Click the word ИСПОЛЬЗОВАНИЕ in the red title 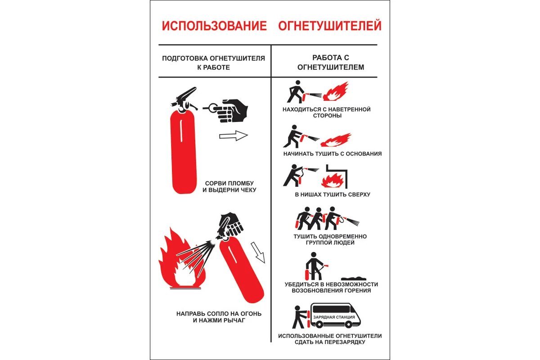tap(214, 26)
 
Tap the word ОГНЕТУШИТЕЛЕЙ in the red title tap(330, 26)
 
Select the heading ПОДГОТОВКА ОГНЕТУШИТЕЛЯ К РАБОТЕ tap(213, 63)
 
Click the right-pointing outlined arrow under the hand tap(234, 135)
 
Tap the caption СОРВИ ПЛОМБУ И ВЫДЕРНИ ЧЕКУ tap(229, 186)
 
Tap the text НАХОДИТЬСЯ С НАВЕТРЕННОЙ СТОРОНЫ tap(327, 112)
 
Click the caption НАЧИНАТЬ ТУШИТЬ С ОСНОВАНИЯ tap(333, 153)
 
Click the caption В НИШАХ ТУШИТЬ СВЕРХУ tap(333, 194)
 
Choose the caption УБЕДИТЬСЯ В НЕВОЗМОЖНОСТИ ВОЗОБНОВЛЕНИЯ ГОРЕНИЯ tap(331, 287)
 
